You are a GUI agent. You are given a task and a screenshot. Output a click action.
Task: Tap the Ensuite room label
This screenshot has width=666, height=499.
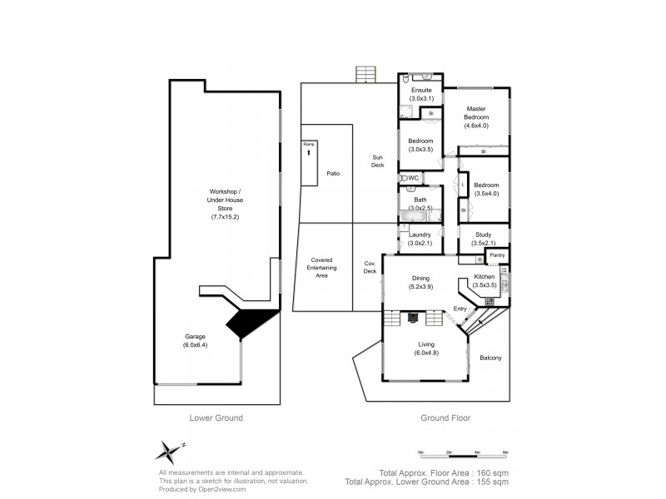point(422,90)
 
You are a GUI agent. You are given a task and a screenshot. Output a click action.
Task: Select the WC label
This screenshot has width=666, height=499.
point(414,178)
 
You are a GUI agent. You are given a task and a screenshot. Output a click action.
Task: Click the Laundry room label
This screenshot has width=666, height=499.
point(420,235)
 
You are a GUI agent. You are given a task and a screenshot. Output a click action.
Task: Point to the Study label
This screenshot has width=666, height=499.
point(484,235)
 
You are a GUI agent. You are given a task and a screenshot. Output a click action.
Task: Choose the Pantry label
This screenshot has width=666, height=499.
point(497,255)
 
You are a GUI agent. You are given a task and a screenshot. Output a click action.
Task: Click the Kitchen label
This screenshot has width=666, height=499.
point(485,276)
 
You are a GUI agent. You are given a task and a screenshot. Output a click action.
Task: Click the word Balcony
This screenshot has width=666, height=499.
point(490,358)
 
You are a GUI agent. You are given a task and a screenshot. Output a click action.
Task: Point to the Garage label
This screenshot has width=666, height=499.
point(196,336)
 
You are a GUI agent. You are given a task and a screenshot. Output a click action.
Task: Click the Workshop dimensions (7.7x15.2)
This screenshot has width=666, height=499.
point(226,216)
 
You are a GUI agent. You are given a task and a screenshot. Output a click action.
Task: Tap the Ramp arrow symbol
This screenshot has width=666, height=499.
point(309,153)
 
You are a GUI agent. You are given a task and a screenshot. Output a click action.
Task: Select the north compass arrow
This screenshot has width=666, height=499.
point(170,450)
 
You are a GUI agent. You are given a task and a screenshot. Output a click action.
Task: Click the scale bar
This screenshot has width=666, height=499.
point(463,455)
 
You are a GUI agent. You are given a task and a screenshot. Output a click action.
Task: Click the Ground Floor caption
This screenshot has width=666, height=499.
point(445,418)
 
